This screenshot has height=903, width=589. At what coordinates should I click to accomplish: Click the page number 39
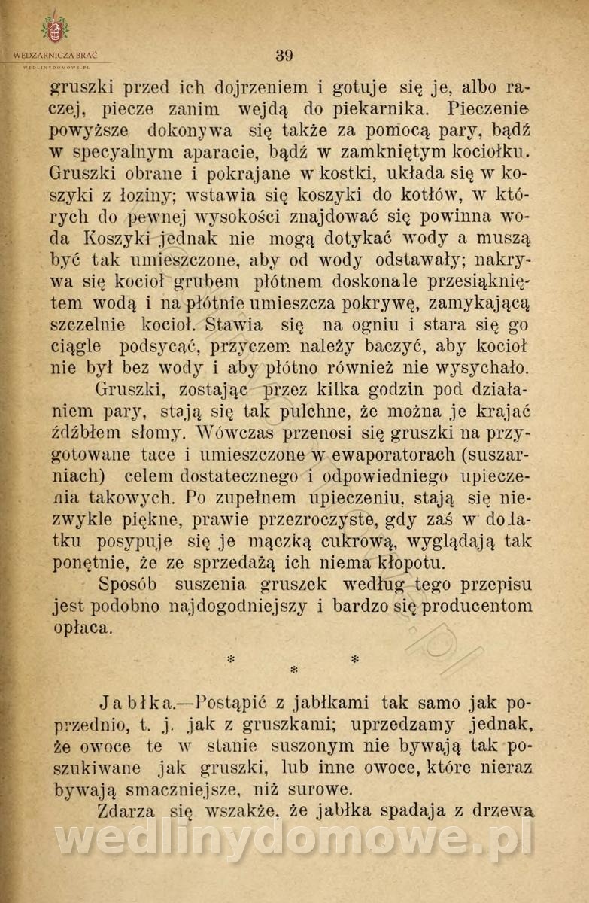[x=284, y=55]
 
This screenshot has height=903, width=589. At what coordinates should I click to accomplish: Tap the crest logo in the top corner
[x=54, y=28]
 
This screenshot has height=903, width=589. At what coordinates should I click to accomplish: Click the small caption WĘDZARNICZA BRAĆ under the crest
[x=55, y=56]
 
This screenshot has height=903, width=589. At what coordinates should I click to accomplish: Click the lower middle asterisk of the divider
[x=293, y=669]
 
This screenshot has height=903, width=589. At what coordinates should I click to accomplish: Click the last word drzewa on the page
[x=506, y=811]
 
